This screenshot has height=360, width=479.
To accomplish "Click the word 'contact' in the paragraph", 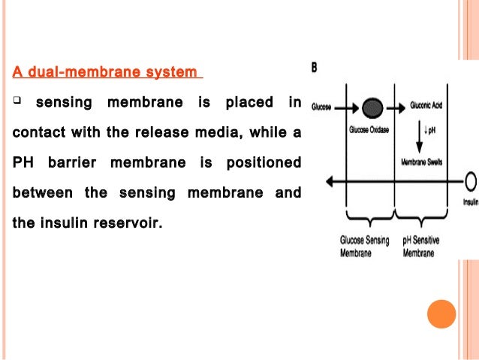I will (39, 133).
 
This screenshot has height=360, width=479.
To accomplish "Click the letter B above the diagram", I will (315, 68).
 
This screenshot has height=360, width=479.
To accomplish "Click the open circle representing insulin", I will (471, 181).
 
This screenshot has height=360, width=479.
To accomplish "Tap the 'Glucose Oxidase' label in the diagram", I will (369, 129).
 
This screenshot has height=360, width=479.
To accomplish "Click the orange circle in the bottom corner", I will (441, 314).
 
